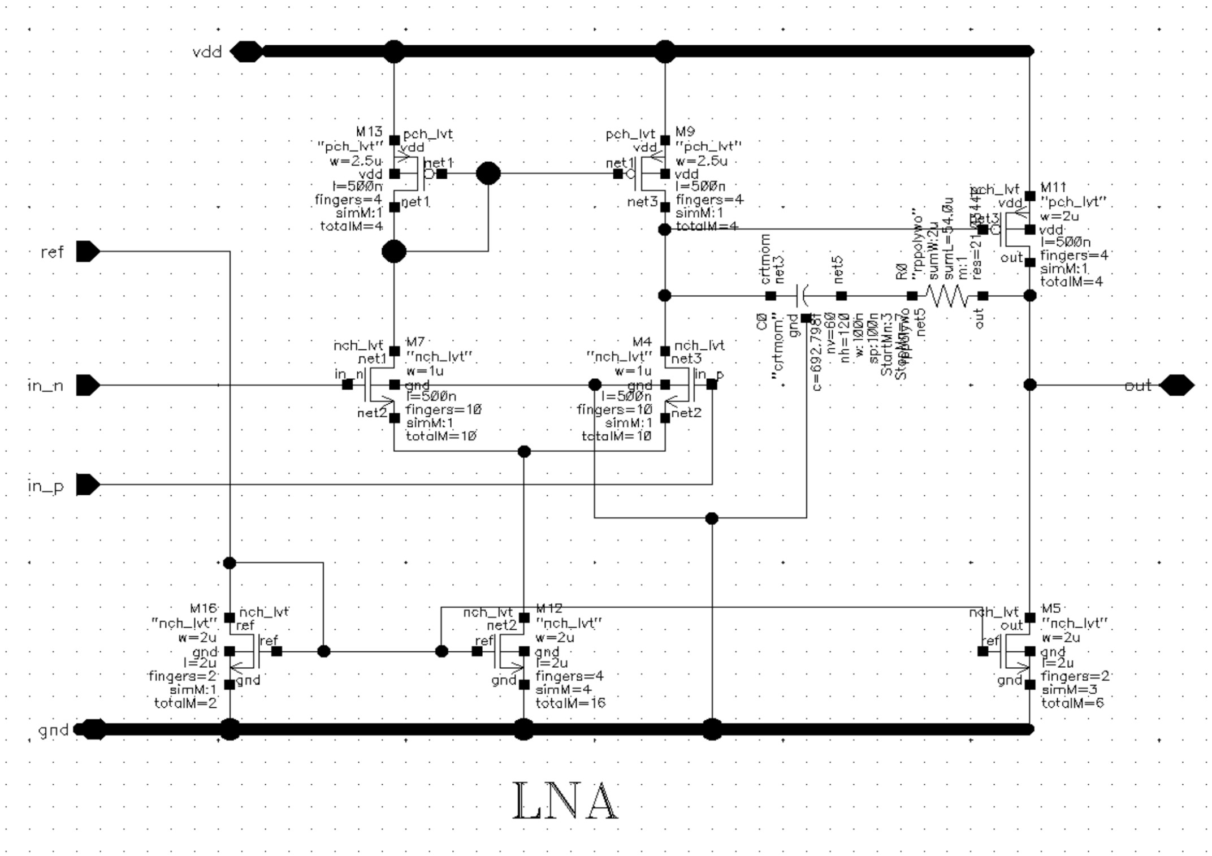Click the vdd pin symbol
pos(246,51)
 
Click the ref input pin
pos(88,252)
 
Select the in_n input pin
pos(88,385)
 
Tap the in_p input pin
pos(88,485)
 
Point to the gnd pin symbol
pos(90,729)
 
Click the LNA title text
pos(565,801)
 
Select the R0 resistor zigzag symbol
pos(947,296)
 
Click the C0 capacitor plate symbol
pos(801,296)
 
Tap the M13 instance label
pos(369,132)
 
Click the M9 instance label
pos(685,132)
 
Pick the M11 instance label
pos(1053,187)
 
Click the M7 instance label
pos(415,341)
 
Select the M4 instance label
pos(642,341)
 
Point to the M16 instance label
pos(204,608)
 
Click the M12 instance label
pos(549,608)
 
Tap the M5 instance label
pos(1051,608)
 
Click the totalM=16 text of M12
pos(570,703)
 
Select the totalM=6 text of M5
pos(1072,703)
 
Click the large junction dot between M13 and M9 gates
pos(488,174)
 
